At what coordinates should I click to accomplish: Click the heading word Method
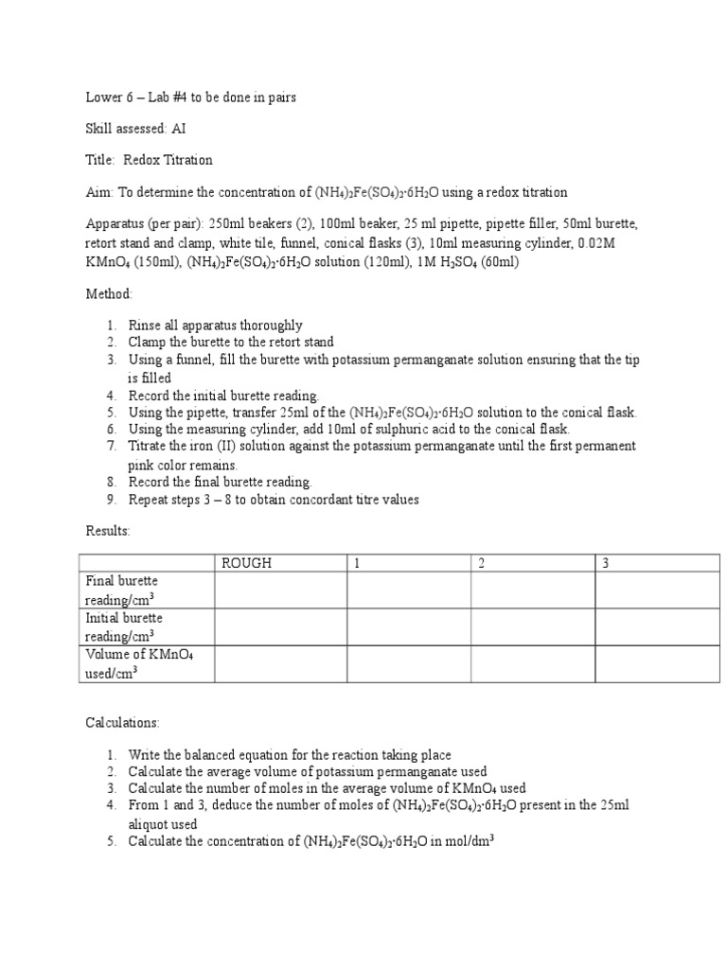(x=109, y=294)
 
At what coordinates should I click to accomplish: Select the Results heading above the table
(x=108, y=532)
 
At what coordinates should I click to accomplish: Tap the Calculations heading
(x=123, y=722)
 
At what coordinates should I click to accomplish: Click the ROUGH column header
(x=246, y=563)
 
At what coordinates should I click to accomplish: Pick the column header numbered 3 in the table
(x=606, y=563)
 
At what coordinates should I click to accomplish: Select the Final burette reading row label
(x=122, y=590)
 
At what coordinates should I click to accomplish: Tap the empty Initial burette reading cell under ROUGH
(x=279, y=627)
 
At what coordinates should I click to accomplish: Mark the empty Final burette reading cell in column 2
(x=532, y=590)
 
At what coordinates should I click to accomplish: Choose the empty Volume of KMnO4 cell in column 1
(x=408, y=663)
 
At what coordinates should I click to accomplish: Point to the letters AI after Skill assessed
(x=179, y=129)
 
